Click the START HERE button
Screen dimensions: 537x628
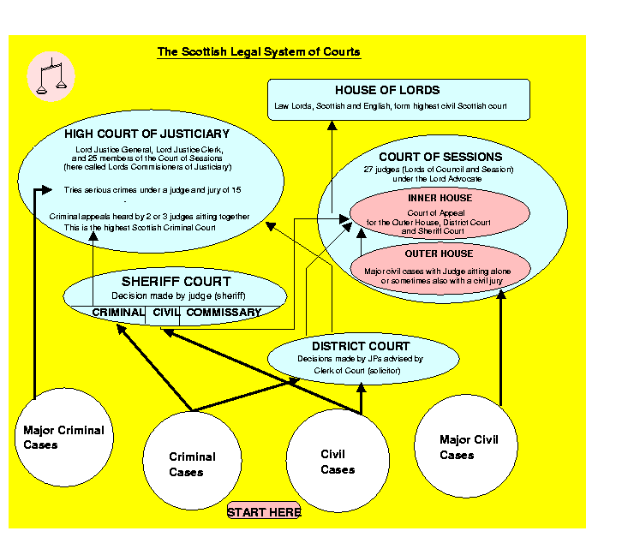pyautogui.click(x=264, y=512)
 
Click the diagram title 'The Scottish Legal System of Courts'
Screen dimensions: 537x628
pyautogui.click(x=259, y=52)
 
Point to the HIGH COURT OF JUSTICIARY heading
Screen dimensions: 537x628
pyautogui.click(x=147, y=134)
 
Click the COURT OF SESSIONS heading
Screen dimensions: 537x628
pyautogui.click(x=440, y=157)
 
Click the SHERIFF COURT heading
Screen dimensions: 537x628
pyautogui.click(x=175, y=281)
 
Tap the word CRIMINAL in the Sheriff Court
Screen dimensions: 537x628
pyautogui.click(x=118, y=313)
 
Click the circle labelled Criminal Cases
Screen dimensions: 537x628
pyautogui.click(x=192, y=465)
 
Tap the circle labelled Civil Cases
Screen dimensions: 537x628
pyautogui.click(x=337, y=462)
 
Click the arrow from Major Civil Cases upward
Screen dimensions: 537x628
pyautogui.click(x=501, y=351)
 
